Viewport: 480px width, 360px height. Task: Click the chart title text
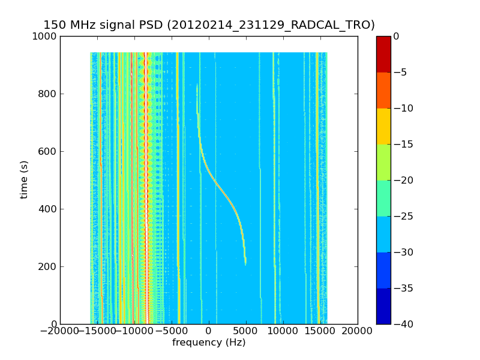click(209, 25)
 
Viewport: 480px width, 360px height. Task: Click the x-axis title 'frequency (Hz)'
click(209, 343)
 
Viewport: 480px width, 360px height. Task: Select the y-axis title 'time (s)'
click(25, 179)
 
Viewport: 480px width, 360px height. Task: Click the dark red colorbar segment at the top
click(383, 54)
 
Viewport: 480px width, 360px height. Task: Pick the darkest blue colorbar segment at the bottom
click(383, 306)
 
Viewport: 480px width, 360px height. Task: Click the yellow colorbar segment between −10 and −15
click(383, 126)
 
